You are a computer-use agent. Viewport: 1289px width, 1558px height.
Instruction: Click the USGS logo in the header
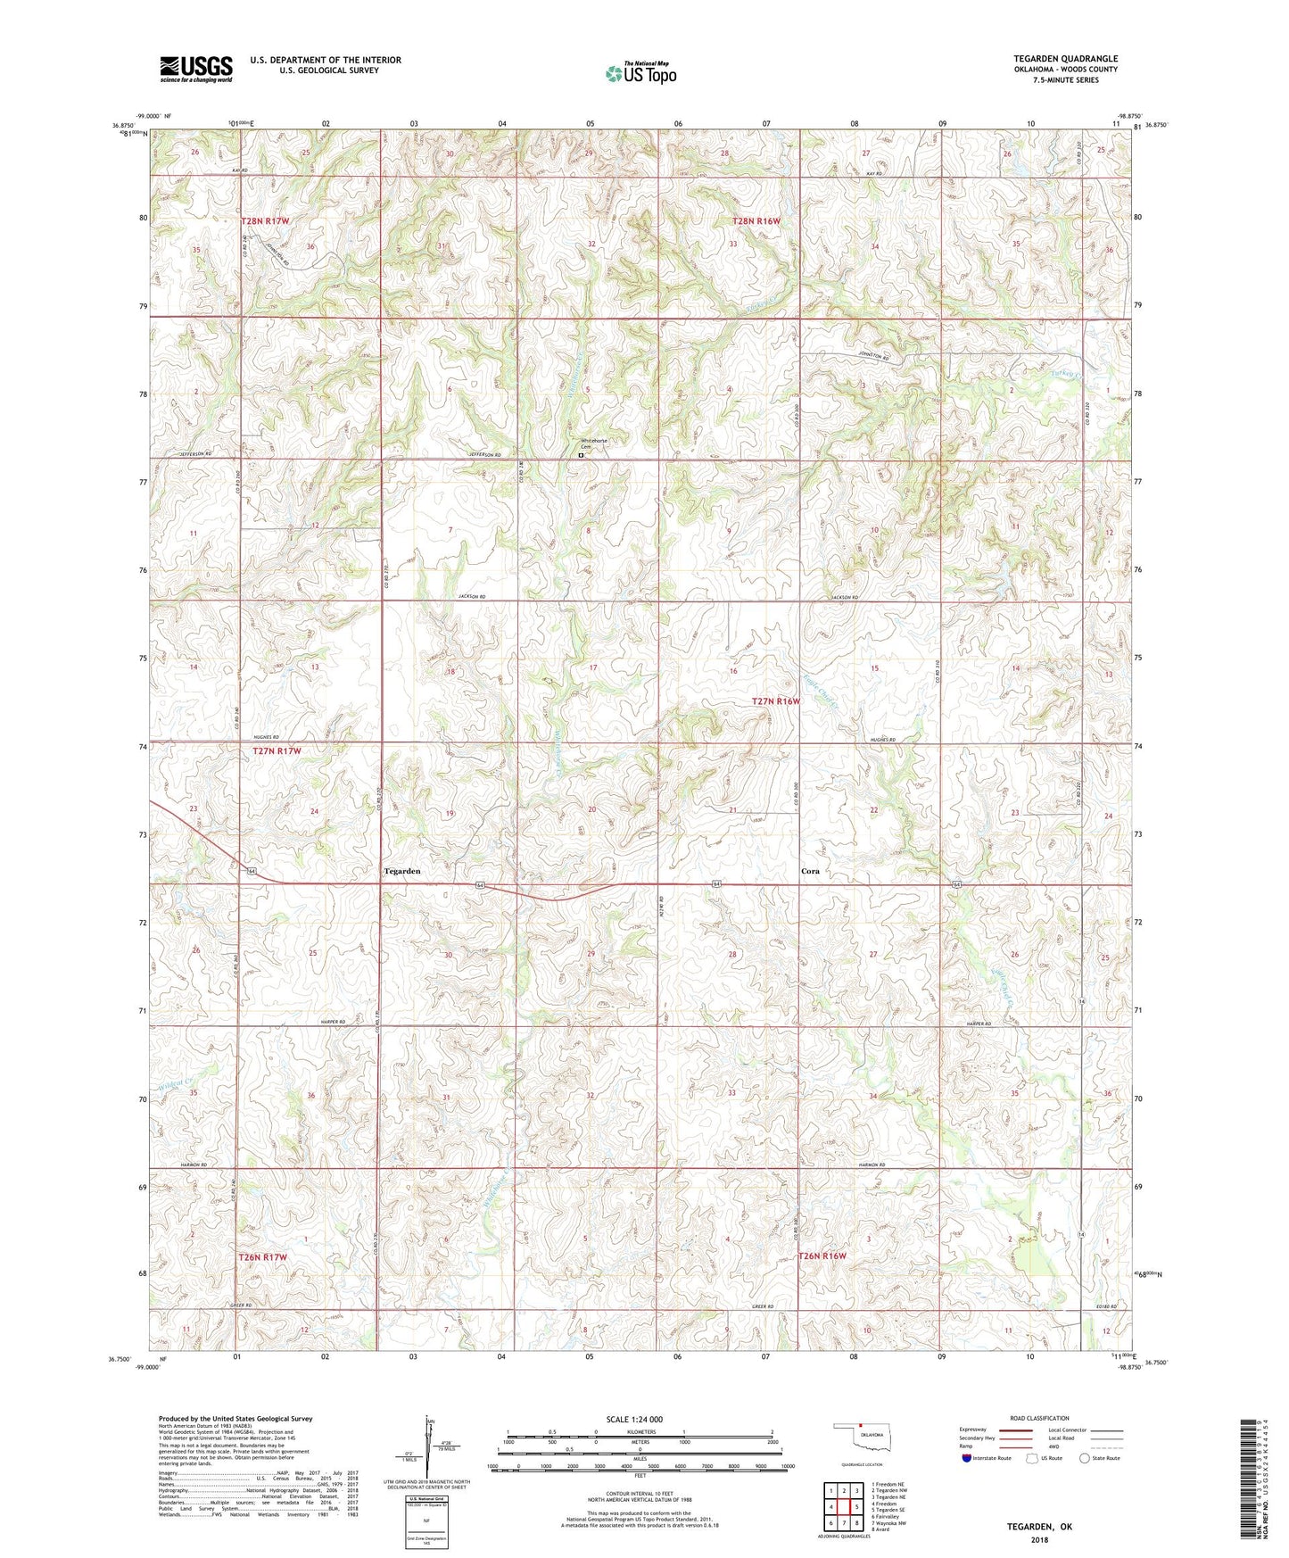pos(196,69)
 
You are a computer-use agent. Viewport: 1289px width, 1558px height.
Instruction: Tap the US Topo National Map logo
pos(640,73)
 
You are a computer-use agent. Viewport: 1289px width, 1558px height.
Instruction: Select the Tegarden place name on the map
pos(401,870)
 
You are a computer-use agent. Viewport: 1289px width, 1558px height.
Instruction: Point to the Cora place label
pos(810,871)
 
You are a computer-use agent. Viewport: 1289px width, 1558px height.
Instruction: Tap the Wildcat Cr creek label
pos(175,1085)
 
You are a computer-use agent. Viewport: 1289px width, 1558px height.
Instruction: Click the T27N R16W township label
pos(775,701)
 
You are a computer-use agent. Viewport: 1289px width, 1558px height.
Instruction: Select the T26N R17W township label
pos(263,1256)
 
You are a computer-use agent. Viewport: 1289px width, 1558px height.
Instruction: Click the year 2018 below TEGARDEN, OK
pos(1039,1540)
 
